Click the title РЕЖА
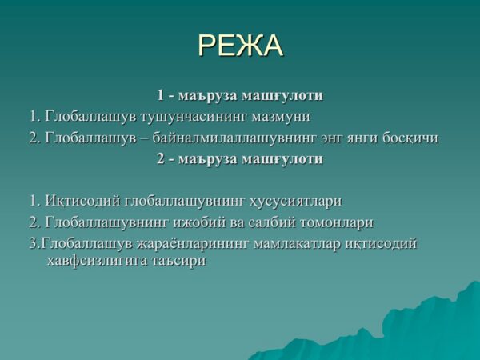[x=240, y=46]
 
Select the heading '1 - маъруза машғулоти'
[x=240, y=95]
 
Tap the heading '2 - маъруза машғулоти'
[x=240, y=159]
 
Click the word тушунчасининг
[x=194, y=118]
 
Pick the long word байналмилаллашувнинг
[x=234, y=138]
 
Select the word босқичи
[x=410, y=138]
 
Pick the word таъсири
[x=178, y=262]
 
